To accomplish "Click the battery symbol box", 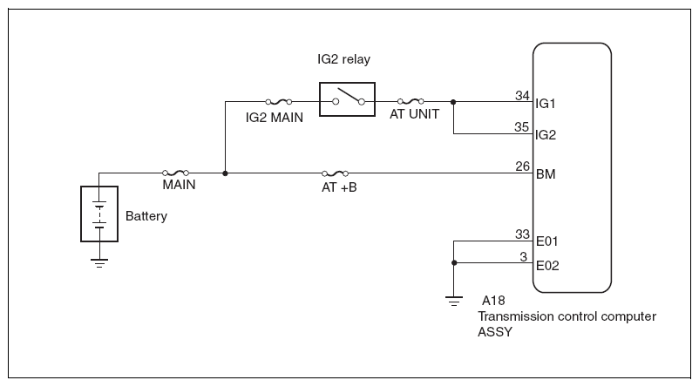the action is [x=99, y=187].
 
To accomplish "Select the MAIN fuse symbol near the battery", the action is [x=176, y=173].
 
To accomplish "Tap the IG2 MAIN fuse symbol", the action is [x=279, y=102].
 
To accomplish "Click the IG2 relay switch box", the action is [x=347, y=83].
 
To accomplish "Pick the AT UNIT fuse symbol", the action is [x=411, y=101].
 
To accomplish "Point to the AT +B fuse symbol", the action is [x=336, y=173].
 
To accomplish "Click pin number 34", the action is [x=522, y=95].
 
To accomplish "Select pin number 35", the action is [x=521, y=127].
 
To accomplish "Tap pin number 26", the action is [x=522, y=166].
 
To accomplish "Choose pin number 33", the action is [x=522, y=234].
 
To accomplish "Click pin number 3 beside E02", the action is [x=523, y=257].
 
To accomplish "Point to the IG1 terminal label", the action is [x=546, y=104].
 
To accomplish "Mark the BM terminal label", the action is [x=546, y=173].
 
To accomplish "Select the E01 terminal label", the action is [x=547, y=241].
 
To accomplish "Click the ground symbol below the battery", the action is [x=99, y=263].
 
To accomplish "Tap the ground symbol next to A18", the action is [x=454, y=302].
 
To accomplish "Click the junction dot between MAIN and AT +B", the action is [x=225, y=173].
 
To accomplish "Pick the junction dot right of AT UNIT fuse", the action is [x=453, y=102].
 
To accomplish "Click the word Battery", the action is [x=146, y=216].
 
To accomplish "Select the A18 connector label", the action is [x=493, y=301].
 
